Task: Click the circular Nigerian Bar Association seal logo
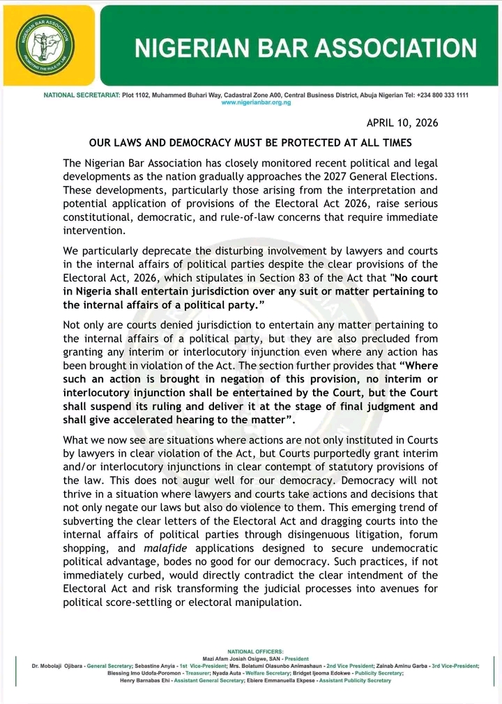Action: [x=47, y=45]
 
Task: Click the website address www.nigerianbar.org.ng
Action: [x=256, y=102]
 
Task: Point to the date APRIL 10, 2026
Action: [x=402, y=123]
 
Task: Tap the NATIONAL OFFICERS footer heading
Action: [x=256, y=651]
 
